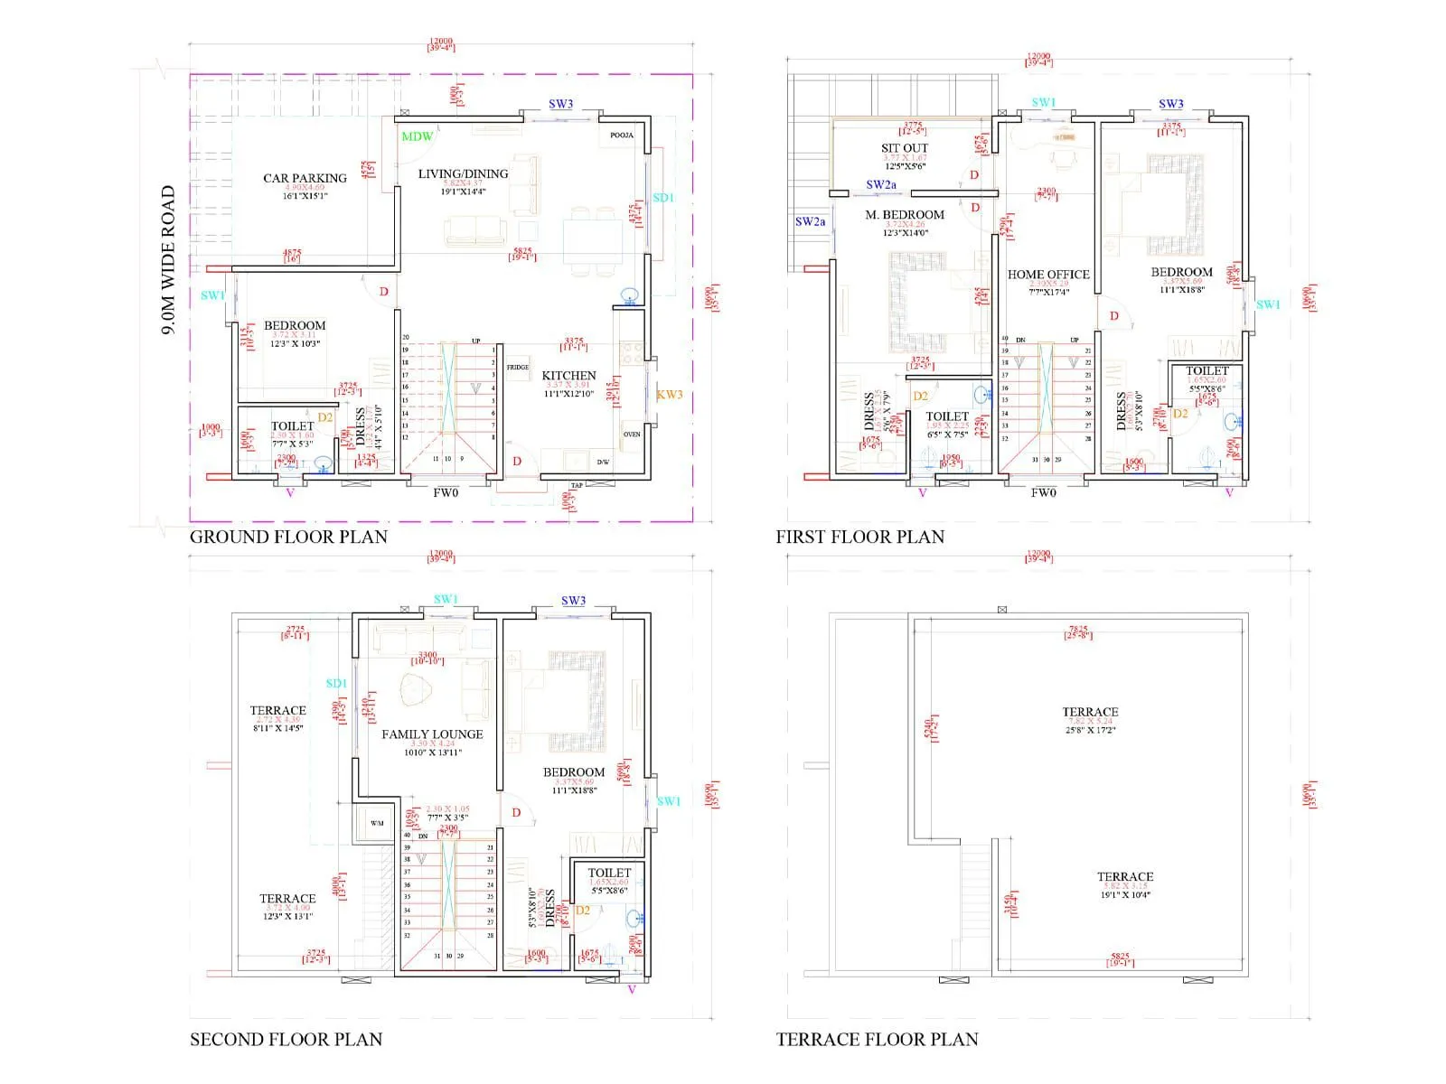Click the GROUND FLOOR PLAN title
click(x=288, y=537)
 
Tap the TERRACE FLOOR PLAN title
click(x=877, y=1039)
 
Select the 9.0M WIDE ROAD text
click(x=168, y=260)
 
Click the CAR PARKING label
click(x=305, y=178)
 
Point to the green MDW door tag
click(x=417, y=136)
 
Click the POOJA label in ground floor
click(x=622, y=135)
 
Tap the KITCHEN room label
click(x=568, y=375)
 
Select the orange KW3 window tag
click(x=670, y=395)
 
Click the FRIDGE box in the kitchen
click(x=518, y=367)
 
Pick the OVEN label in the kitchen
click(x=632, y=435)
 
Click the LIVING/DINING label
click(x=463, y=173)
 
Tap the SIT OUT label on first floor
click(x=905, y=148)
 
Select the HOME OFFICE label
click(x=1048, y=275)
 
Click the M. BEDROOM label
click(x=905, y=215)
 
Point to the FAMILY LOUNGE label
click(x=432, y=734)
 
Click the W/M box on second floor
click(x=377, y=823)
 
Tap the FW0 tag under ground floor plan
click(x=446, y=492)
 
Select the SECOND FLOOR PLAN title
click(x=286, y=1039)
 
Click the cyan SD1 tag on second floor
click(x=336, y=684)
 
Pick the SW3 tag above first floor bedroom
click(x=1170, y=104)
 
